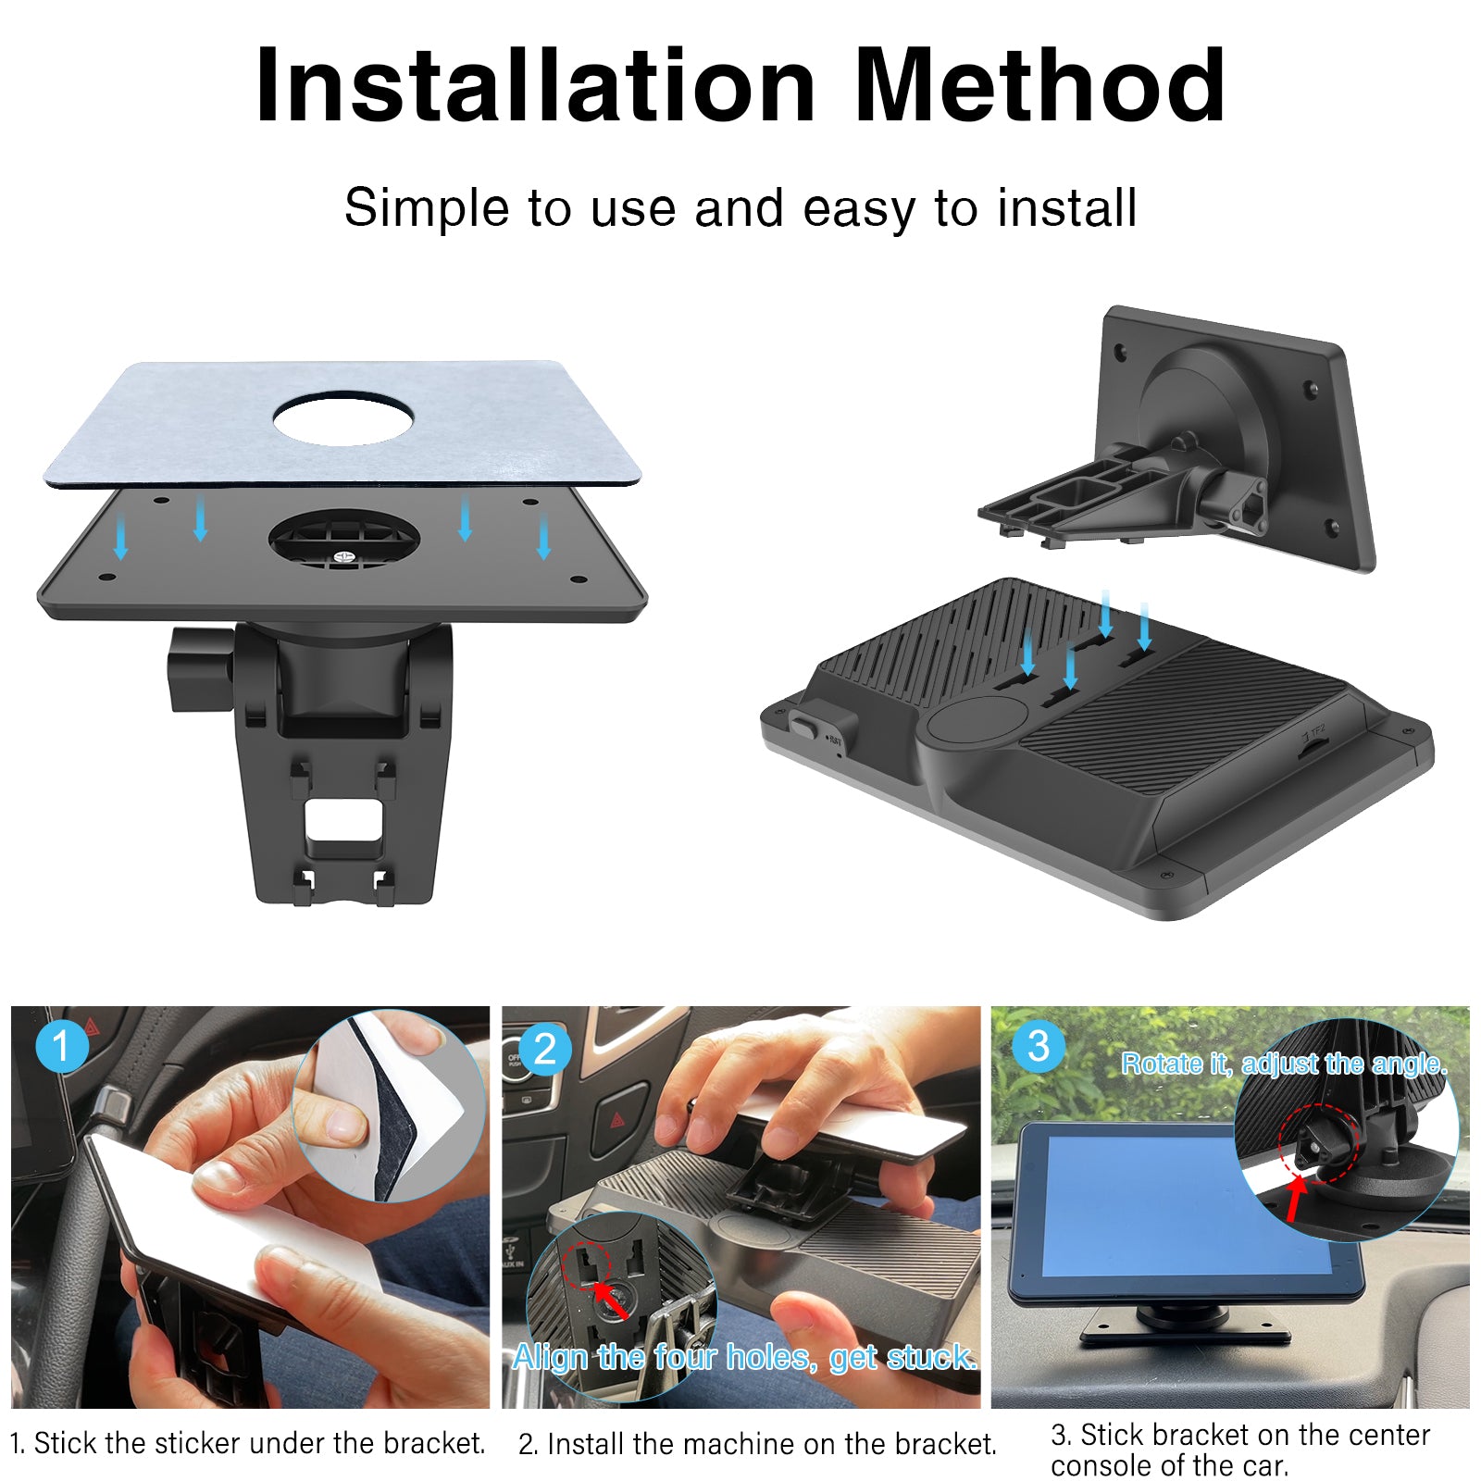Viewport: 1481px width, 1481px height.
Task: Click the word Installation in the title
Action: click(536, 85)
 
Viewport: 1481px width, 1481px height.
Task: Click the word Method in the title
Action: click(1040, 85)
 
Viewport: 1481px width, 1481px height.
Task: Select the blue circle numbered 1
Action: click(62, 1046)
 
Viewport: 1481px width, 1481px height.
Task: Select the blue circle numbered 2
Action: click(546, 1049)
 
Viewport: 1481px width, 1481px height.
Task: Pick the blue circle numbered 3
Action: click(1039, 1046)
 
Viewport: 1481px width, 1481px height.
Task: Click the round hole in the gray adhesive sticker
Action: click(342, 418)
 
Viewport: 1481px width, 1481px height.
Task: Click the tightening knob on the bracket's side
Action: click(201, 668)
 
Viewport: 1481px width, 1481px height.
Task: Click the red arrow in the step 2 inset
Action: click(610, 1297)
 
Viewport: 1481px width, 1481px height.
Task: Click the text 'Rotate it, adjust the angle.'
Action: click(1285, 1064)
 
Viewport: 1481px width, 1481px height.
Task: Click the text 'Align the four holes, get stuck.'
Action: click(745, 1357)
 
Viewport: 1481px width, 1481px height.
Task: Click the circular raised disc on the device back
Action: click(977, 718)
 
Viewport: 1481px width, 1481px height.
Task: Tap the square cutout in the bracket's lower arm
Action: click(343, 819)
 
